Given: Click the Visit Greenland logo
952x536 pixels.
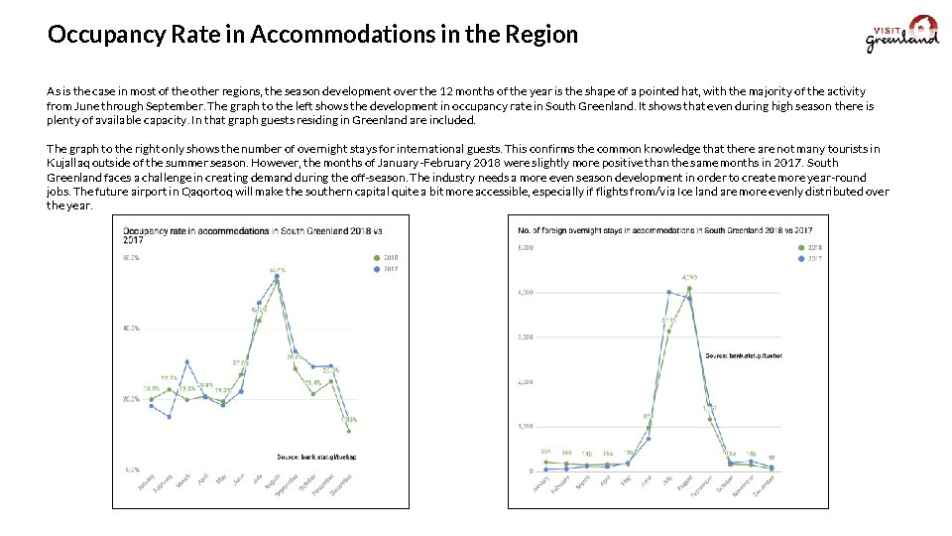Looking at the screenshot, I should [902, 34].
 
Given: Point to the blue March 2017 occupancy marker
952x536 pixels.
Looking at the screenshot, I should [186, 362].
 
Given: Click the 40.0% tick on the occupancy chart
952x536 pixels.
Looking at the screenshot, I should [131, 328].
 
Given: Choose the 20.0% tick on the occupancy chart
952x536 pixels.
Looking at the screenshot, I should [131, 398].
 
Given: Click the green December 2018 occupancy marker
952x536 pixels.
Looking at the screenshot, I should [349, 430].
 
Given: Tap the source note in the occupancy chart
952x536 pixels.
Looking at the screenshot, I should [315, 456].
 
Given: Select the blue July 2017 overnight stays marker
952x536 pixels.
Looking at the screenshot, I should [669, 292].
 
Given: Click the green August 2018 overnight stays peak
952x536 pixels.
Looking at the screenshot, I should [689, 289].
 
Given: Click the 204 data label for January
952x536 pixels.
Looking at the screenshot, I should [545, 453].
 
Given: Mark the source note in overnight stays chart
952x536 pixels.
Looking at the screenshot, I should [743, 354].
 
